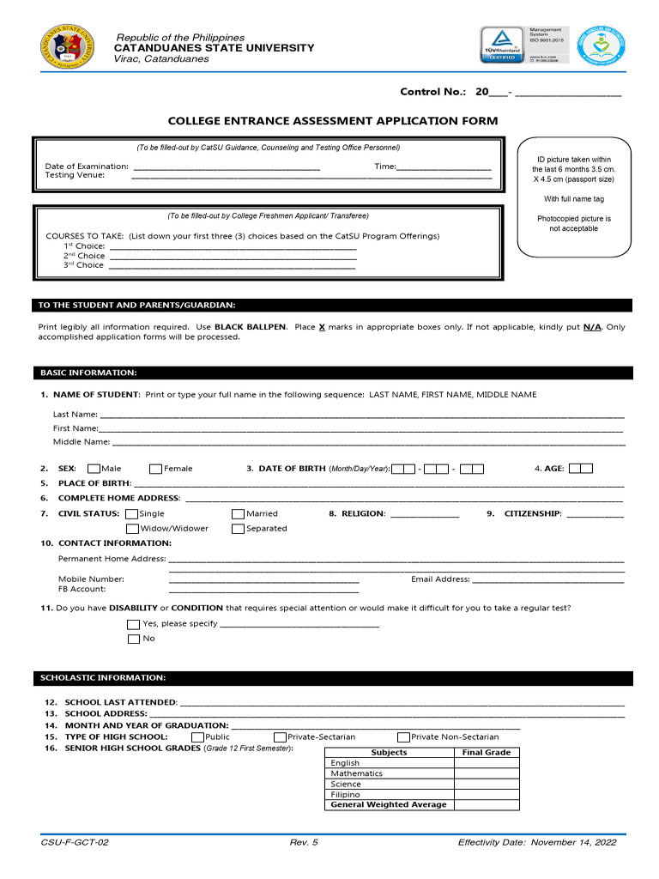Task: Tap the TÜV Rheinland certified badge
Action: (502, 45)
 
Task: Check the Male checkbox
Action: (94, 469)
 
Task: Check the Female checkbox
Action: (155, 469)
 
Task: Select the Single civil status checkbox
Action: (131, 514)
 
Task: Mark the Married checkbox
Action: (238, 514)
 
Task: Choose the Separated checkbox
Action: (238, 529)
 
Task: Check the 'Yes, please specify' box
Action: (133, 624)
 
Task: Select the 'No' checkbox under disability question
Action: (133, 639)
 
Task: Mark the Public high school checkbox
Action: (197, 737)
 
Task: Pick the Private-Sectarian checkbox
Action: (280, 737)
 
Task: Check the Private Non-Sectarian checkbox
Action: (403, 737)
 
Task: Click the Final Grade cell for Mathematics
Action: (486, 773)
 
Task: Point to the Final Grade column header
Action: (486, 753)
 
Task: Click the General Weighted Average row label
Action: (389, 805)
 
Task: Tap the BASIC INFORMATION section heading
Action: (88, 373)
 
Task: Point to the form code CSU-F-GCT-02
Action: (75, 843)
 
